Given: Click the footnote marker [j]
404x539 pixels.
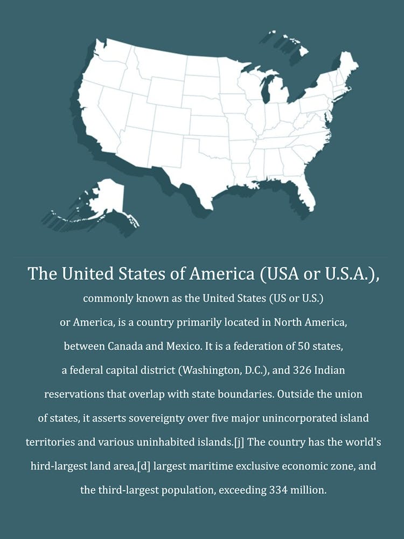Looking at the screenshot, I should click(x=239, y=443).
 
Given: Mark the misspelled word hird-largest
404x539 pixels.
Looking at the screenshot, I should click(x=55, y=466).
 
